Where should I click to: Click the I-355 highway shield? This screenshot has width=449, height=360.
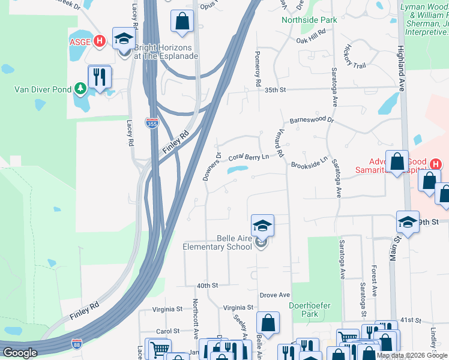pyautogui.click(x=152, y=122)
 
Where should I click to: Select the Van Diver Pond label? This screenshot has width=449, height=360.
pyautogui.click(x=40, y=90)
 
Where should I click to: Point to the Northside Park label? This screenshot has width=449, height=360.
pyautogui.click(x=310, y=20)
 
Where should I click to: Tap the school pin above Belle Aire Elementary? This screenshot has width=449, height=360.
pyautogui.click(x=262, y=226)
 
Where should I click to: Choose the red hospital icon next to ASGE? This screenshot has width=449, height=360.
pyautogui.click(x=100, y=41)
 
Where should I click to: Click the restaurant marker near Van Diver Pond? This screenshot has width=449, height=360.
pyautogui.click(x=100, y=77)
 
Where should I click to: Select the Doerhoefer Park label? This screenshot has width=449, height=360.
pyautogui.click(x=310, y=310)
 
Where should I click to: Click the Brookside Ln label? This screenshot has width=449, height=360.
pyautogui.click(x=309, y=162)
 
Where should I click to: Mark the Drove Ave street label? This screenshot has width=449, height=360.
pyautogui.click(x=275, y=295)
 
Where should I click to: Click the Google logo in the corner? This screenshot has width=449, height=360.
pyautogui.click(x=19, y=353)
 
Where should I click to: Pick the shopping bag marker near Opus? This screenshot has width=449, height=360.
pyautogui.click(x=182, y=21)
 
